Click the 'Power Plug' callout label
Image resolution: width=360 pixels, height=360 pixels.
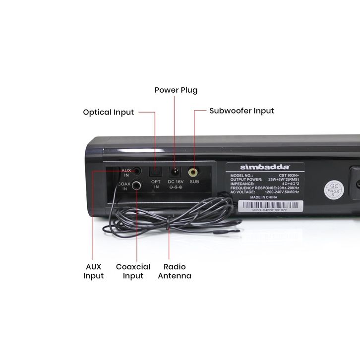[x=176, y=90]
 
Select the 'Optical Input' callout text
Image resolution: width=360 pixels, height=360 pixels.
[x=108, y=112]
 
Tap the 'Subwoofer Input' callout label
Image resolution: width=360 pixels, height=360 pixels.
[x=241, y=111]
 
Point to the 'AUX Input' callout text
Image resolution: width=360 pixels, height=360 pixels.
[x=93, y=271]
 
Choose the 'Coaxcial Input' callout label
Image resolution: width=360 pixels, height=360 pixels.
[x=133, y=271]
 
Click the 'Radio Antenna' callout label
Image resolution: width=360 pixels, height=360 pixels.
[x=175, y=271]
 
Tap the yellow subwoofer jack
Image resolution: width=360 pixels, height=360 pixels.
[x=194, y=173]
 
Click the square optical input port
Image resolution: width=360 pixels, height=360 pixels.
[x=156, y=172]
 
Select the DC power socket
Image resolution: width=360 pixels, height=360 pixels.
[x=175, y=172]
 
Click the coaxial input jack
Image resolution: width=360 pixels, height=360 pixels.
[x=133, y=186]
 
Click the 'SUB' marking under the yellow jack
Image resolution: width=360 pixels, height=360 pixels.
[x=194, y=182]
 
